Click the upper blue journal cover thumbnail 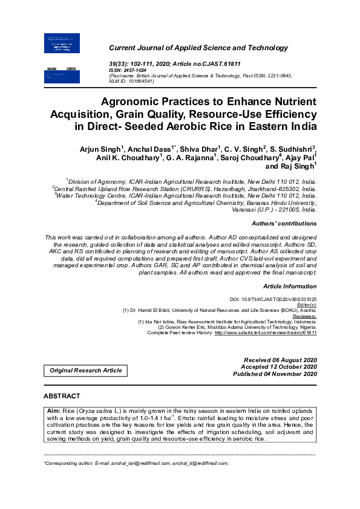coord(62,43)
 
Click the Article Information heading coord(290,285)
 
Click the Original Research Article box coord(85,370)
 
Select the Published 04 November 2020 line coord(275,374)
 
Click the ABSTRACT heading coord(62,396)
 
